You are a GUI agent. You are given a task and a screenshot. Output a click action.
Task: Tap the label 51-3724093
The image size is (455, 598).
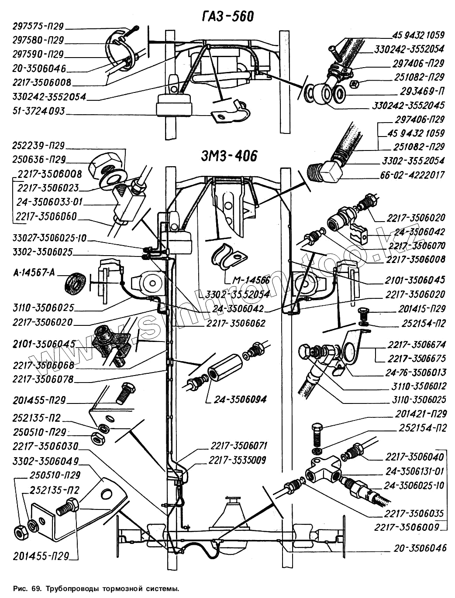(38, 111)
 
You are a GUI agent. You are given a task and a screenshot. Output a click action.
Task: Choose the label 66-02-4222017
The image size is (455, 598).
(412, 175)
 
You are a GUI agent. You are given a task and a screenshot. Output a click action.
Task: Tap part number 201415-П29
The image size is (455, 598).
(421, 309)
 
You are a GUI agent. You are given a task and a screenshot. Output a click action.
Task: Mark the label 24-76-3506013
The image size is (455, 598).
(415, 372)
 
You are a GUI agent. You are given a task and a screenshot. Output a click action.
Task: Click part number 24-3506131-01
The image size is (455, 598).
(414, 471)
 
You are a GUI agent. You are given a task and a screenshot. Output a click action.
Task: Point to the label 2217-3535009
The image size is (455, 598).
(237, 460)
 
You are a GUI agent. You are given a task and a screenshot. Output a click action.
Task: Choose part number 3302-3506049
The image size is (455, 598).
(45, 461)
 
